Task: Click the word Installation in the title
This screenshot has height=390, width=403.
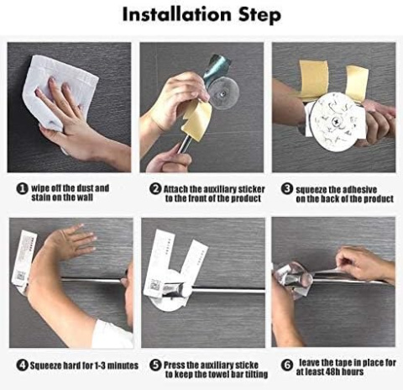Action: pos(176,14)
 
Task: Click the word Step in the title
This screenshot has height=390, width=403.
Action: pos(259,15)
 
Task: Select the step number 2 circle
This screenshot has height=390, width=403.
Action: pos(155,189)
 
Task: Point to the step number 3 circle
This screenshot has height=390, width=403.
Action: pos(287,189)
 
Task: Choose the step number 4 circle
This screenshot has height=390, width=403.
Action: pos(23,366)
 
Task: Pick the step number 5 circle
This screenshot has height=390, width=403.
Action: pos(155,365)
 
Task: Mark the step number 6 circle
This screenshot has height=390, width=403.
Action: pos(287,365)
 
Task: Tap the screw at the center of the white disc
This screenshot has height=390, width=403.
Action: pos(335,122)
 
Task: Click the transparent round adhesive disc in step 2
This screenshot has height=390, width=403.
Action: pos(223,93)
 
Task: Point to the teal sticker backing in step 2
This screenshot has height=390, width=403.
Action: pos(217,66)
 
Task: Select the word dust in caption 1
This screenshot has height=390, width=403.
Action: pos(86,188)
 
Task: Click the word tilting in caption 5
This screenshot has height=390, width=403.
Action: pos(256,374)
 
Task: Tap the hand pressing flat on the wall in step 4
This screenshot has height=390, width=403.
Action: pos(74,240)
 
